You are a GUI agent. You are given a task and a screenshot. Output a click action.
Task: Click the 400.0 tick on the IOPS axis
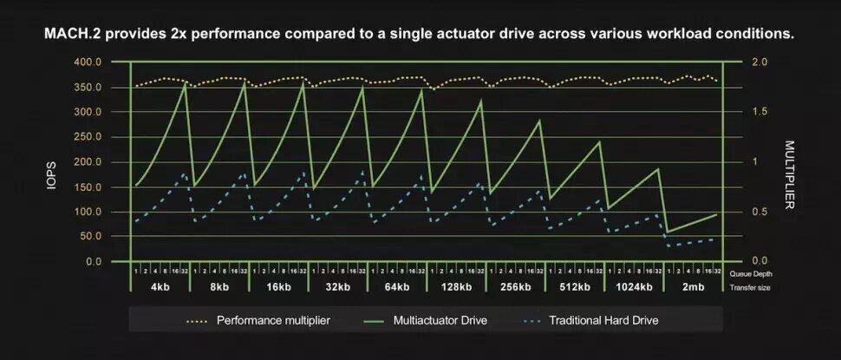(88, 62)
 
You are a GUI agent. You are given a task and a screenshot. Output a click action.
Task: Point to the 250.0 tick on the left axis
(88, 137)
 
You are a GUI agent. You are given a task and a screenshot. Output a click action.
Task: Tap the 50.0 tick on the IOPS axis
(91, 237)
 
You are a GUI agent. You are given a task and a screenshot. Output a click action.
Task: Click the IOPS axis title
(51, 162)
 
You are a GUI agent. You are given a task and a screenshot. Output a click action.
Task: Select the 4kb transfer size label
(160, 287)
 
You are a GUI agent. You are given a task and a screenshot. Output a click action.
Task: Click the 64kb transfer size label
(397, 287)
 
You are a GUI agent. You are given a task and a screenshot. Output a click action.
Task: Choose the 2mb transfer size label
(692, 287)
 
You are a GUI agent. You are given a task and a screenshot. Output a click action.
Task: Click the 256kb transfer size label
(515, 287)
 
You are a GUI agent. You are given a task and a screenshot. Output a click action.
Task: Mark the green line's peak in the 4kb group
(186, 83)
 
